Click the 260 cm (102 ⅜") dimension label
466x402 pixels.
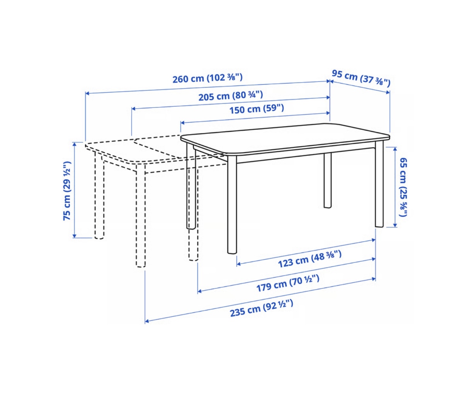click(207, 78)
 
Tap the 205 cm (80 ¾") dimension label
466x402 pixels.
click(231, 95)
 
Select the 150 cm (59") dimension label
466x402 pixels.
click(257, 109)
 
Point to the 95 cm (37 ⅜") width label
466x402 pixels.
click(361, 78)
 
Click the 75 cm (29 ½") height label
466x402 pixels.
click(67, 191)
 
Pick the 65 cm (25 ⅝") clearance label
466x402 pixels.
click(403, 187)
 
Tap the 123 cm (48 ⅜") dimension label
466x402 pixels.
click(310, 259)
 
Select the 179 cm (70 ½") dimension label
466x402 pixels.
click(288, 283)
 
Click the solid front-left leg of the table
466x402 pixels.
click(232, 204)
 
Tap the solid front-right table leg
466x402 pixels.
click(379, 184)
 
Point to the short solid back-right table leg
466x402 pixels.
click(328, 180)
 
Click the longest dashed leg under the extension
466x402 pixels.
click(141, 215)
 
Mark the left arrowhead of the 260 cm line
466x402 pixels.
click(87, 93)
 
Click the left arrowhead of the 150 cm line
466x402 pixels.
click(183, 123)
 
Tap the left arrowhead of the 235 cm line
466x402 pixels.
click(147, 321)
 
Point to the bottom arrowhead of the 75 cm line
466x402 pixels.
click(75, 236)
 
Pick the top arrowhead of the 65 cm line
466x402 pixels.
click(395, 149)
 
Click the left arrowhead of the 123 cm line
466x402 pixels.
click(239, 264)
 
